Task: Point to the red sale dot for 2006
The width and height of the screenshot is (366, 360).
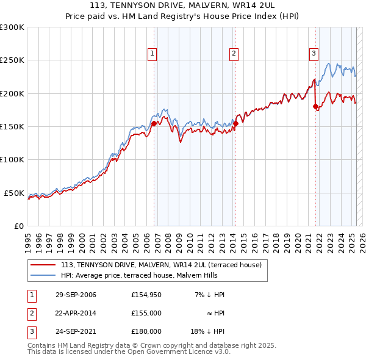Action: point(154,123)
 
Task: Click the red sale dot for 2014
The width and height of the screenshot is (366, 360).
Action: point(235,123)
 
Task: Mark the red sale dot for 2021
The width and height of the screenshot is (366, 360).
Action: point(316,107)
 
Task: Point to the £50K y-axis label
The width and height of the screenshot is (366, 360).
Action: point(15,193)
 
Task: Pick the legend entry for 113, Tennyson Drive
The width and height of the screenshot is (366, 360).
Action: point(161,265)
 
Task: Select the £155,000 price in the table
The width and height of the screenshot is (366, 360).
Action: point(146,313)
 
